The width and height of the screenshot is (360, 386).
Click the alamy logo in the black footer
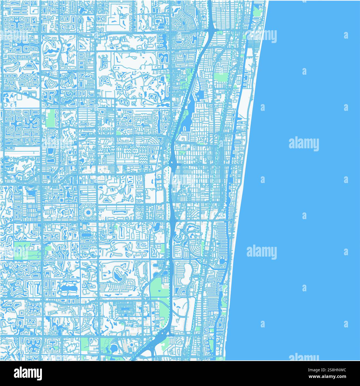tap(28, 373)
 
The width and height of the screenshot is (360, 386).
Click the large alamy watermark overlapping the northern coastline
tap(261, 36)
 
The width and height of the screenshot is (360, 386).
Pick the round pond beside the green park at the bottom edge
tap(114, 348)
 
